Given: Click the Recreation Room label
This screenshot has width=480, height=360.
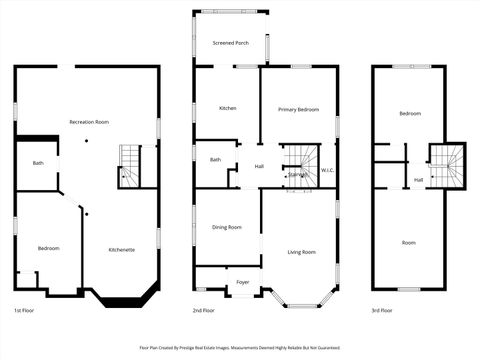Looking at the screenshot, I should pos(89,121).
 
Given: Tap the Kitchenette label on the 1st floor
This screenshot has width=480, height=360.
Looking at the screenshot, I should pos(122,249).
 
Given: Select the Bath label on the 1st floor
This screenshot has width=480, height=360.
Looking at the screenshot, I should pos(38,163).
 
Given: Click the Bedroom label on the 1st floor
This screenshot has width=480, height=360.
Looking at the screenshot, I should pos(49,248).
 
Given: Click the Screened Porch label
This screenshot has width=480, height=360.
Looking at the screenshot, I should pos(230,43).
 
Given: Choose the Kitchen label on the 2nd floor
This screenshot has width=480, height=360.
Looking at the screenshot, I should pos(227,108).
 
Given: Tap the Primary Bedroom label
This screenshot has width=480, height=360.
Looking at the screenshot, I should pos(299,109).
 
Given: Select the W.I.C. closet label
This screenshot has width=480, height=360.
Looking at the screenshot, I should pos(328,170).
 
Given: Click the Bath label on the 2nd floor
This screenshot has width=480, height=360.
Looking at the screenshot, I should pos(215,159).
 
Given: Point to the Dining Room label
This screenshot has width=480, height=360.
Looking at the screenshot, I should pos(227,227).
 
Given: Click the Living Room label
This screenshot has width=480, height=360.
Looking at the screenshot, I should pos(301,252).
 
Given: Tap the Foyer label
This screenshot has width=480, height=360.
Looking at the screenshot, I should pos(243,283).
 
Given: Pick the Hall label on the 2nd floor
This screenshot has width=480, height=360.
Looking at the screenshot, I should pos(259,166).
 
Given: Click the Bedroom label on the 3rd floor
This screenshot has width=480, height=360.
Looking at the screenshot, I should pos(410,114).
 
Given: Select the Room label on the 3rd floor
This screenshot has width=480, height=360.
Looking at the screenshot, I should pos(409,243).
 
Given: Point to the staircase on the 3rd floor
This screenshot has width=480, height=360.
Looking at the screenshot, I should pos(447,165).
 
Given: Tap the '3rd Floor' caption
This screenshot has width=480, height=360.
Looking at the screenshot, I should pos(381,311).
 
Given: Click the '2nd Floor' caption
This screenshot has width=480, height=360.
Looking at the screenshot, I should pos(204,311).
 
